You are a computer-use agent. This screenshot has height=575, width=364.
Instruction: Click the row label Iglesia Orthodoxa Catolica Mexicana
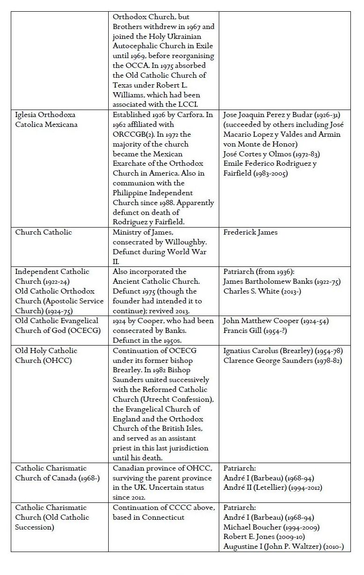(x=45, y=119)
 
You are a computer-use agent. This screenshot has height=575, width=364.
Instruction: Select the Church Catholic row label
(x=43, y=232)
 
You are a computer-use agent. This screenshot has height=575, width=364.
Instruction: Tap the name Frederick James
(x=251, y=232)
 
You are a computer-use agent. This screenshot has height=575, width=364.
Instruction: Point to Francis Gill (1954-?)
(x=253, y=330)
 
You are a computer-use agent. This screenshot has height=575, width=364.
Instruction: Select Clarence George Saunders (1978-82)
(x=282, y=360)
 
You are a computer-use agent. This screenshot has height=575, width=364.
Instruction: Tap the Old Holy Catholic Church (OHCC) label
(x=46, y=355)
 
